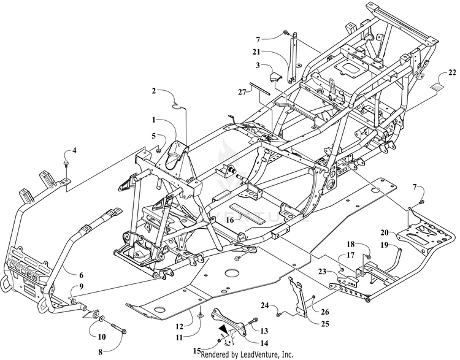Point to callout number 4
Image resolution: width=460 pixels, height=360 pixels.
click(x=74, y=150)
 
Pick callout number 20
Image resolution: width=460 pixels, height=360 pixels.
click(x=384, y=232)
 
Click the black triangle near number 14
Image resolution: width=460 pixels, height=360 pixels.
click(x=224, y=329)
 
